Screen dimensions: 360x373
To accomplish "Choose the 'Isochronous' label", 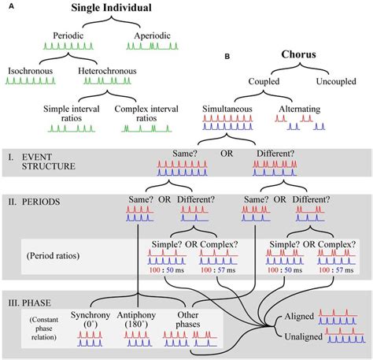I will pyautogui.click(x=30, y=71).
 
